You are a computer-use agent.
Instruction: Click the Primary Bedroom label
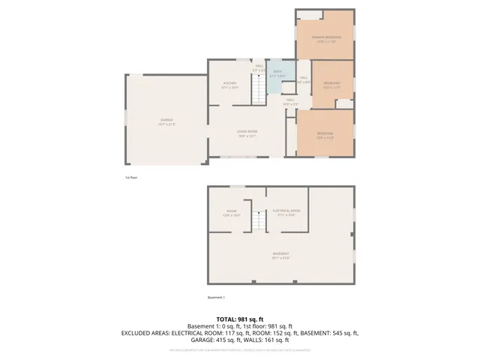coord(326,37)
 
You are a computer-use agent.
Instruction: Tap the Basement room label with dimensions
coord(281,254)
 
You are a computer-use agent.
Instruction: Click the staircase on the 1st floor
coord(258,89)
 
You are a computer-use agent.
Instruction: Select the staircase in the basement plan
coord(259,220)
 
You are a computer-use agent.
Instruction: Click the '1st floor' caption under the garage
coord(131,178)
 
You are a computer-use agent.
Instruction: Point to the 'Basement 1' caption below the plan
coord(217,298)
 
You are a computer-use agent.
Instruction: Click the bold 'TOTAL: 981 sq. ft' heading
coord(239,319)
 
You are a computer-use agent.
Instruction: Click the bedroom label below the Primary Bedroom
coord(331,85)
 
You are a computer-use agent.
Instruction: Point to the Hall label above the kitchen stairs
coord(259,67)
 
